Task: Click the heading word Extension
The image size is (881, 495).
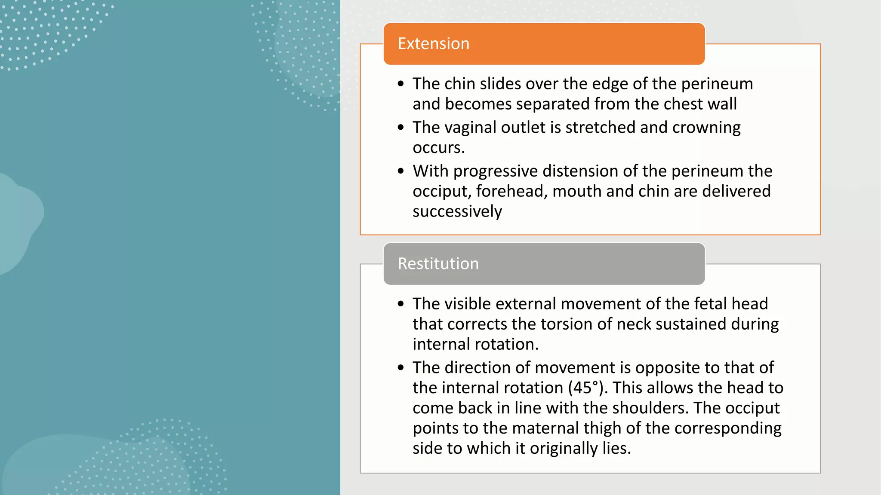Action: tap(433, 44)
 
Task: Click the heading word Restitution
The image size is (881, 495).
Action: tap(438, 264)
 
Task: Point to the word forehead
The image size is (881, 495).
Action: tap(511, 191)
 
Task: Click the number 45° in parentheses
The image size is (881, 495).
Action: tap(585, 388)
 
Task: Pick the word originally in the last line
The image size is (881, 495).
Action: tap(564, 449)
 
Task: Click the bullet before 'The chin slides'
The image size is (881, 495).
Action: tap(401, 84)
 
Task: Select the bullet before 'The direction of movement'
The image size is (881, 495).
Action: tap(401, 368)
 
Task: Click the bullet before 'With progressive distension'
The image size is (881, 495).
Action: tap(401, 171)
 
